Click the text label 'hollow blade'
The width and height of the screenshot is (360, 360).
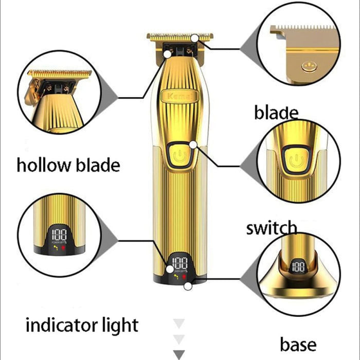coord(68,166)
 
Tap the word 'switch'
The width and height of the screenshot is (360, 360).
coord(271,227)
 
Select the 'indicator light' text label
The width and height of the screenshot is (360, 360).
coord(82,325)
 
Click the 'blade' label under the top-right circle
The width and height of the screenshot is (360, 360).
coord(276,113)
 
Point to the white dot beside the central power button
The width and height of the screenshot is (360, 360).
coord(193,145)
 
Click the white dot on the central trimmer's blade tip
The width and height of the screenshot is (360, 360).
coord(195,38)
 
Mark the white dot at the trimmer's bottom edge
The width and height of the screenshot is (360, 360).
coord(189,285)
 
